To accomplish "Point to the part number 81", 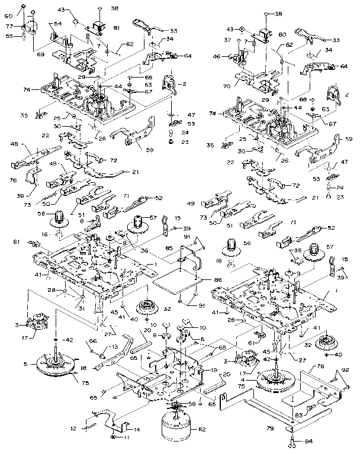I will (x=117, y=27).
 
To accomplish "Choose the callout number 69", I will (x=41, y=54).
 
